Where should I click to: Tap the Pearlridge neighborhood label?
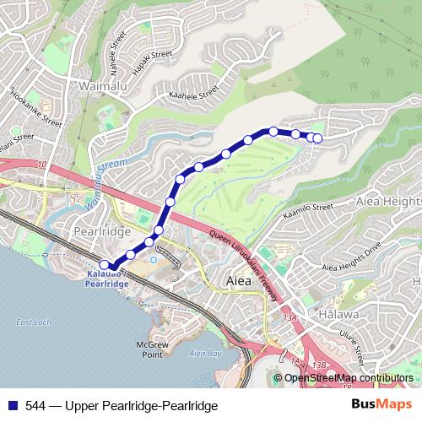pyautogui.click(x=102, y=230)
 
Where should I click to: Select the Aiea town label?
pyautogui.click(x=239, y=279)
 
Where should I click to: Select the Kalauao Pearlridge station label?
pyautogui.click(x=107, y=279)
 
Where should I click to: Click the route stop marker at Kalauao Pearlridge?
pyautogui.click(x=105, y=265)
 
